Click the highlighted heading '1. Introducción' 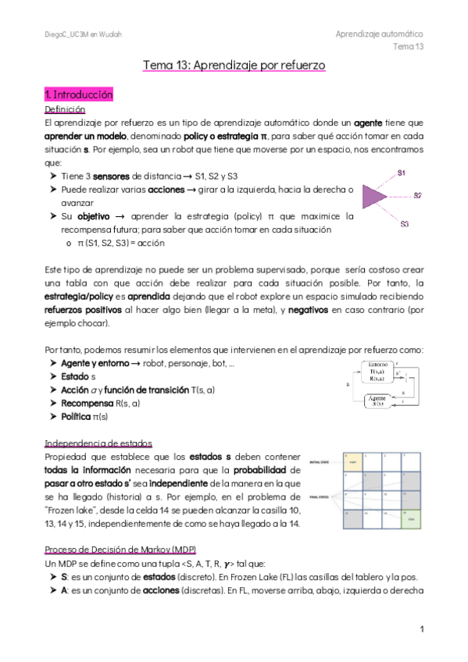tap(80, 94)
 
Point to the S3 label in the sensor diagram tap(405, 224)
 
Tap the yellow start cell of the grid tap(349, 463)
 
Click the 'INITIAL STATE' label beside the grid tap(321, 462)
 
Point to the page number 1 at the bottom tap(421, 628)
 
